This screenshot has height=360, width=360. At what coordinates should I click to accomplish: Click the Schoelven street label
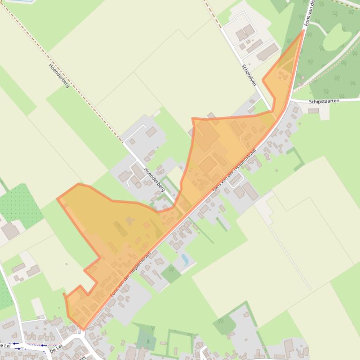[249, 74]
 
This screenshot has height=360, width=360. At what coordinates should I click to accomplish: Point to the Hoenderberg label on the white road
[154, 180]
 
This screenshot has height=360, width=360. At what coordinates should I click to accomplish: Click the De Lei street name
[56, 348]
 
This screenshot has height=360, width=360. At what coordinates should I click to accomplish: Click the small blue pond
[185, 259]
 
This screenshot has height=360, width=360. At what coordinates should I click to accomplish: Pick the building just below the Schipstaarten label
[313, 111]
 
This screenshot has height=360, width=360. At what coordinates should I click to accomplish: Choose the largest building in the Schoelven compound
[267, 52]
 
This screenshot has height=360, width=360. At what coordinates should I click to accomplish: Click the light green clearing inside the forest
[334, 41]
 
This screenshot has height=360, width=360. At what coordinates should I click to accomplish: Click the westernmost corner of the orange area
[58, 199]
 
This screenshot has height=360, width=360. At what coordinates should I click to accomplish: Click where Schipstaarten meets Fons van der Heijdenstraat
[289, 101]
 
